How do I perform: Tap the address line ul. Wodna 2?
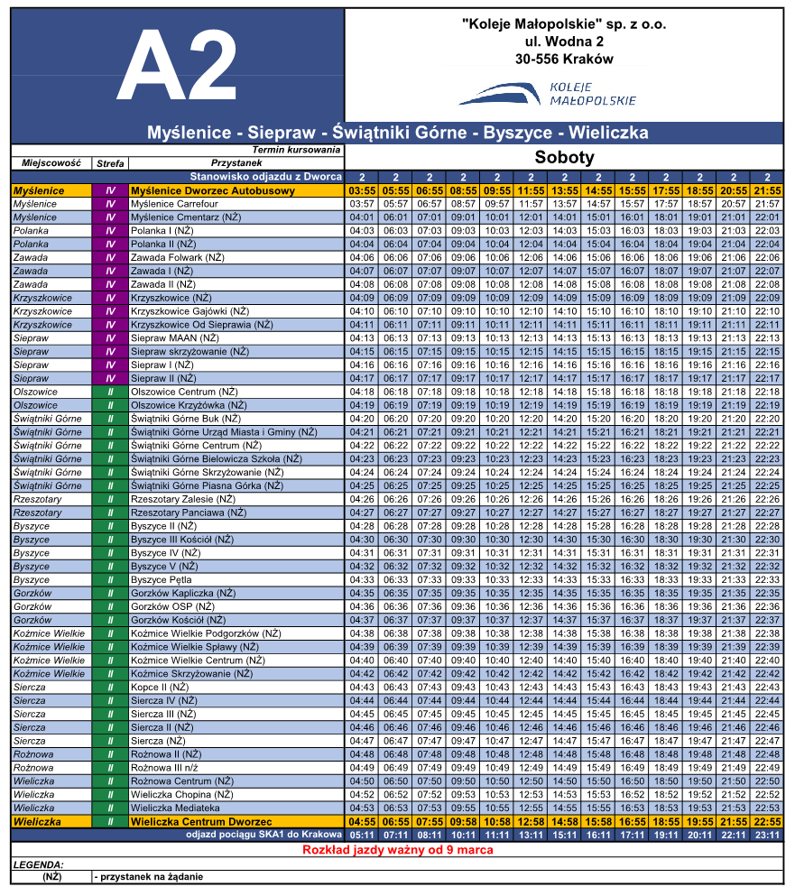coord(563,42)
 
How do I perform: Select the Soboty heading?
coord(564,157)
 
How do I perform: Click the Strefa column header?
coord(110,163)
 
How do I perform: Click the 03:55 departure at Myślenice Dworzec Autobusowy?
coord(362,191)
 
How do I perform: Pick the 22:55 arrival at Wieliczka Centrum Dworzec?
coord(767,822)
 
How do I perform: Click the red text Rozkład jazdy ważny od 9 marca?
coord(397,850)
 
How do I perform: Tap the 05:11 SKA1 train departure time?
coord(362,836)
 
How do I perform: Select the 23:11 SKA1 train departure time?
coord(767,836)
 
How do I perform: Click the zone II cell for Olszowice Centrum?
coord(110,392)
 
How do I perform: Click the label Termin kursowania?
coord(296,150)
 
